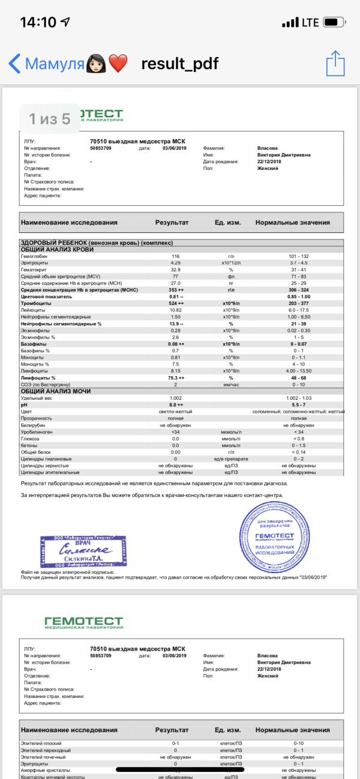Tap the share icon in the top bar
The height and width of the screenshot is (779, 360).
335,63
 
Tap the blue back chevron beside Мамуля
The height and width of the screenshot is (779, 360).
14,63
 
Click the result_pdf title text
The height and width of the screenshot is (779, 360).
180,64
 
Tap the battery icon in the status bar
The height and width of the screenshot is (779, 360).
333,23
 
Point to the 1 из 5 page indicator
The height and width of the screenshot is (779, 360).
50,119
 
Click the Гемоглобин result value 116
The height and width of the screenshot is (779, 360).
175,256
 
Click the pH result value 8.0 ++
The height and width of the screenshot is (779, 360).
175,406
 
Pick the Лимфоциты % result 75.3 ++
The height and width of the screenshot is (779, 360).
175,378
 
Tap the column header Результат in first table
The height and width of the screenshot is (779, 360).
172,223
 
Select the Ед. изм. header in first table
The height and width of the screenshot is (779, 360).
227,223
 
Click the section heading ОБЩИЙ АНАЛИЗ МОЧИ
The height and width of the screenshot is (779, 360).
56,391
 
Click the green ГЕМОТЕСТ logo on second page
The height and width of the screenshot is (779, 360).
83,622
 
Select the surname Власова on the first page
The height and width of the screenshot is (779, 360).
268,148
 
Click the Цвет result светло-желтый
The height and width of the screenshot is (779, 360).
175,412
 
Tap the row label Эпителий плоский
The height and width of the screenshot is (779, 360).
42,744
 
